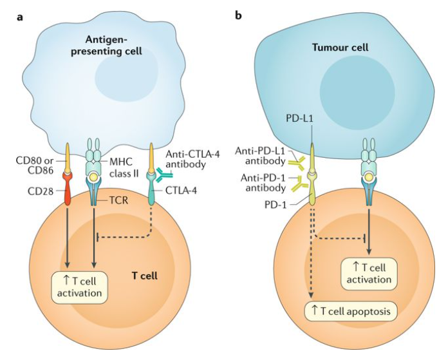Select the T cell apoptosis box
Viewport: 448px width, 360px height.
tap(351, 311)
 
